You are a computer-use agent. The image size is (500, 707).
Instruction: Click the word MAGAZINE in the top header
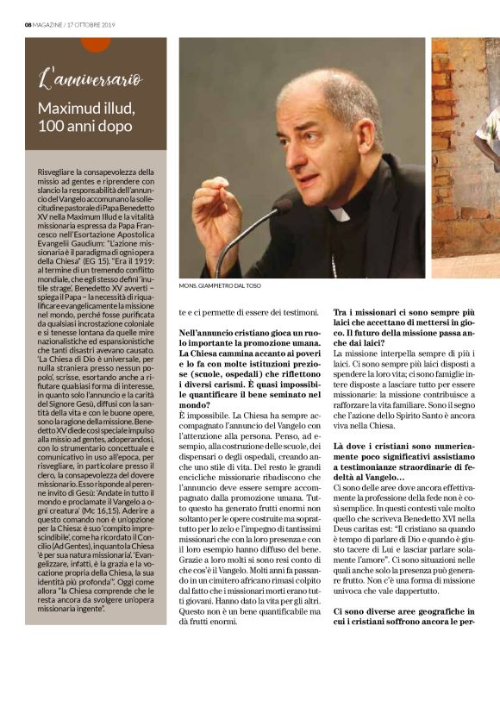[x=53, y=22]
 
